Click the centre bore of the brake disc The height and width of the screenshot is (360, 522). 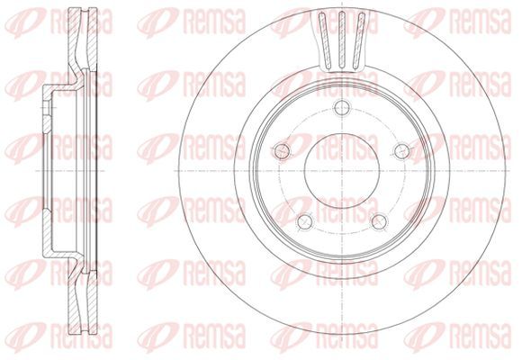click(x=342, y=170)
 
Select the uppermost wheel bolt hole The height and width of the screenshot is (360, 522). click(x=342, y=107)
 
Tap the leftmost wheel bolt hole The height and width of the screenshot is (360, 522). click(x=282, y=151)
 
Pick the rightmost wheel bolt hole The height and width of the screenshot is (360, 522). click(x=402, y=151)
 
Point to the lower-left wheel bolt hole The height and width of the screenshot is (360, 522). click(x=305, y=221)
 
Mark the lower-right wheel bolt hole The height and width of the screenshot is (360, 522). click(x=379, y=221)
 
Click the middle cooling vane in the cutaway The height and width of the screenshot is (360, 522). click(x=342, y=40)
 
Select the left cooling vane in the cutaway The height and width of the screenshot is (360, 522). click(x=325, y=40)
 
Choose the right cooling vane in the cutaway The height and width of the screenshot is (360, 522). click(x=358, y=40)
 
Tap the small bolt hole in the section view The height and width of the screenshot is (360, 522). click(x=46, y=107)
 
